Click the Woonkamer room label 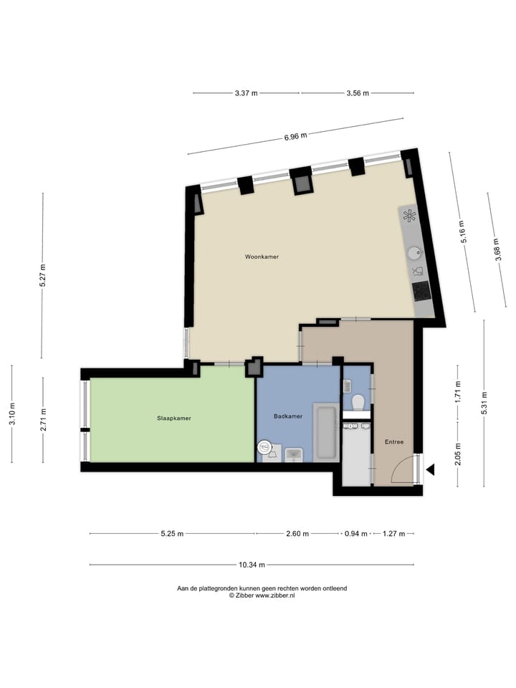[262, 257]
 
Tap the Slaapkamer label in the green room [174, 418]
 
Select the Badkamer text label [287, 416]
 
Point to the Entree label [393, 442]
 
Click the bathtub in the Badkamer [326, 433]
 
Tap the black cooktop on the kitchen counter [420, 290]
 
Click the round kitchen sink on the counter [414, 252]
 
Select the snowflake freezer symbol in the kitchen [408, 216]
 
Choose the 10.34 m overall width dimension [252, 565]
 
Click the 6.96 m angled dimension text [295, 135]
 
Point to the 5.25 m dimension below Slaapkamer [172, 534]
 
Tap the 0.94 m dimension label [355, 534]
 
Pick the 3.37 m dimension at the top [246, 93]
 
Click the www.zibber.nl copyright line [262, 596]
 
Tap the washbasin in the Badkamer [294, 454]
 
